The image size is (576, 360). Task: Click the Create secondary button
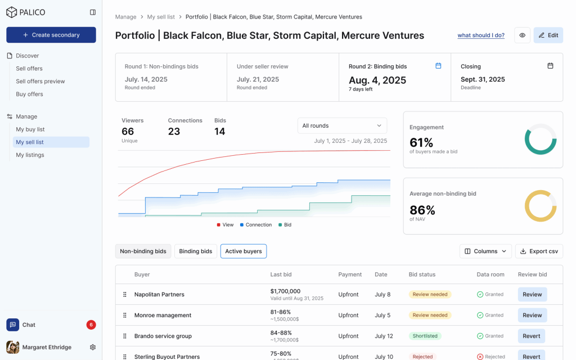51,35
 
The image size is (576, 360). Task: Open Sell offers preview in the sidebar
40,82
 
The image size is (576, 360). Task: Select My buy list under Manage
30,129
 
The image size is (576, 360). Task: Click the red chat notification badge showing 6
91,325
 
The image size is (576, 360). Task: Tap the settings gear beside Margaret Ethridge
93,348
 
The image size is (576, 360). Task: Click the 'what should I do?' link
481,35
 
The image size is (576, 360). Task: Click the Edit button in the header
548,35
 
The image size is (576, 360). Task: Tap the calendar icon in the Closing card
550,66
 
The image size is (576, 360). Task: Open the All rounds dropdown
342,126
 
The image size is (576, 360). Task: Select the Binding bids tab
196,251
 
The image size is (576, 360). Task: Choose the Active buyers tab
244,251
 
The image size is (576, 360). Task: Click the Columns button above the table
485,251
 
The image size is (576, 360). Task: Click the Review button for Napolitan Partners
532,295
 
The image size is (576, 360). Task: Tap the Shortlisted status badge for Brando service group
425,336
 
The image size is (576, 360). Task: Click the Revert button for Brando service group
532,336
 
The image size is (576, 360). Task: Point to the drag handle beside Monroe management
125,316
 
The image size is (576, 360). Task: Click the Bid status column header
422,274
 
